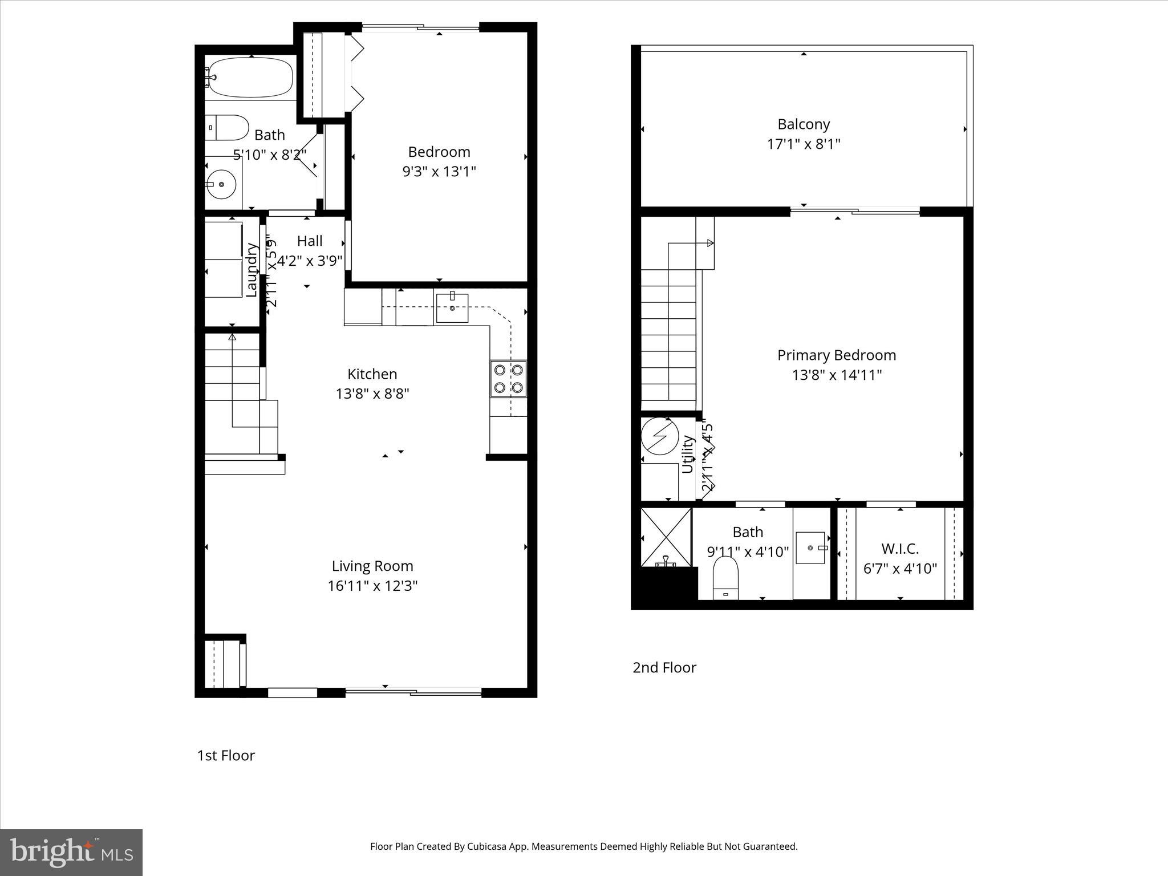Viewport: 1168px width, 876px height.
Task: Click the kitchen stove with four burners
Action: point(508,379)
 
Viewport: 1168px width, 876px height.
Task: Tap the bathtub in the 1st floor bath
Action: point(250,78)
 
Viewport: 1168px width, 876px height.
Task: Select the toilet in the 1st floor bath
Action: point(228,128)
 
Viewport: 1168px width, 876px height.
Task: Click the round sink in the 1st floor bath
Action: point(221,184)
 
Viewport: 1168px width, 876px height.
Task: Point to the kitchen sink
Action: point(452,308)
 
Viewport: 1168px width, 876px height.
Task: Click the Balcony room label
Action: point(804,124)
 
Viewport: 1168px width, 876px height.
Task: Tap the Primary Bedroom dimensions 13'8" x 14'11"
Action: point(837,375)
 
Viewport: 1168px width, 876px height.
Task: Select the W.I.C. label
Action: point(900,549)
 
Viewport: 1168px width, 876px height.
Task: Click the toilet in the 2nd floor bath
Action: point(725,577)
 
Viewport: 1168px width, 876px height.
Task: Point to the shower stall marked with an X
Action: point(666,537)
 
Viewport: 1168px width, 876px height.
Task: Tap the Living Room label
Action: point(372,566)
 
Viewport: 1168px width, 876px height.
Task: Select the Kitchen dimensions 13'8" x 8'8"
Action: point(372,394)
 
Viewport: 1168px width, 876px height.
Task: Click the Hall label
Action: point(310,241)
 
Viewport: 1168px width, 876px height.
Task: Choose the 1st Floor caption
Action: point(226,756)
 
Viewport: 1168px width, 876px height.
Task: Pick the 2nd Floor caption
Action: point(664,667)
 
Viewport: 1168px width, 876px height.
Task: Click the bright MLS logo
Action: point(71,851)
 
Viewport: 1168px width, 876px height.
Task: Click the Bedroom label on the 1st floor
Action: point(439,152)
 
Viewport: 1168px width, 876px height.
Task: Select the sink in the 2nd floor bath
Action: point(810,547)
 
